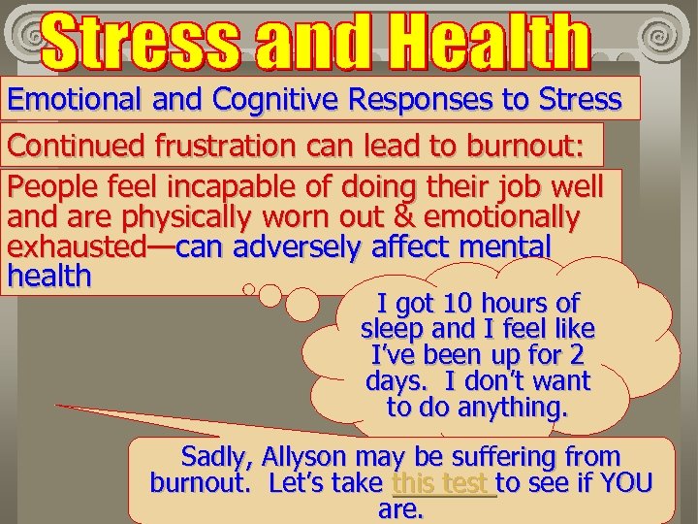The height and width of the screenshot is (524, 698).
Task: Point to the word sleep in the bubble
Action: [390, 329]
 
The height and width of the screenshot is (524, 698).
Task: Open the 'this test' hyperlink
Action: [443, 482]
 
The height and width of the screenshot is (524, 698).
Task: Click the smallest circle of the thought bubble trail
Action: [249, 288]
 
